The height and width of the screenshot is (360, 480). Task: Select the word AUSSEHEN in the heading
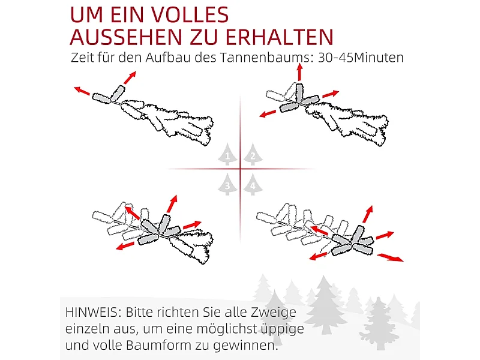coord(126,37)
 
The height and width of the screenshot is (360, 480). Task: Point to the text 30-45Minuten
coord(361,57)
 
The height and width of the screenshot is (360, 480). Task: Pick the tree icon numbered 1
coord(227,154)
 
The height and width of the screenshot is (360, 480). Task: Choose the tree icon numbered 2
coord(253,154)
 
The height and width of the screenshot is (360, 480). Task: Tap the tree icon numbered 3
coord(227,184)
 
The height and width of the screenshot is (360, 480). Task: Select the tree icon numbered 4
coord(253,184)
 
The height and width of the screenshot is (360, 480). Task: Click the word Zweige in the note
coord(274,313)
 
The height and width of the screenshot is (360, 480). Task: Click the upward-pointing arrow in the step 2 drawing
coord(299,72)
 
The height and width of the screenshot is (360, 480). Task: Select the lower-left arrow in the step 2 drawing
coord(271,113)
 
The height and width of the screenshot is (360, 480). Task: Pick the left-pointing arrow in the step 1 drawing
coord(82,91)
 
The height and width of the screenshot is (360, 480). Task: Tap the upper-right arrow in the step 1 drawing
coord(130,77)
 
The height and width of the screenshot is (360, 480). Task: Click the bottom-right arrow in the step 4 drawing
coord(390,257)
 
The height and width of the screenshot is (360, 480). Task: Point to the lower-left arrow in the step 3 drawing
coord(125,245)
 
